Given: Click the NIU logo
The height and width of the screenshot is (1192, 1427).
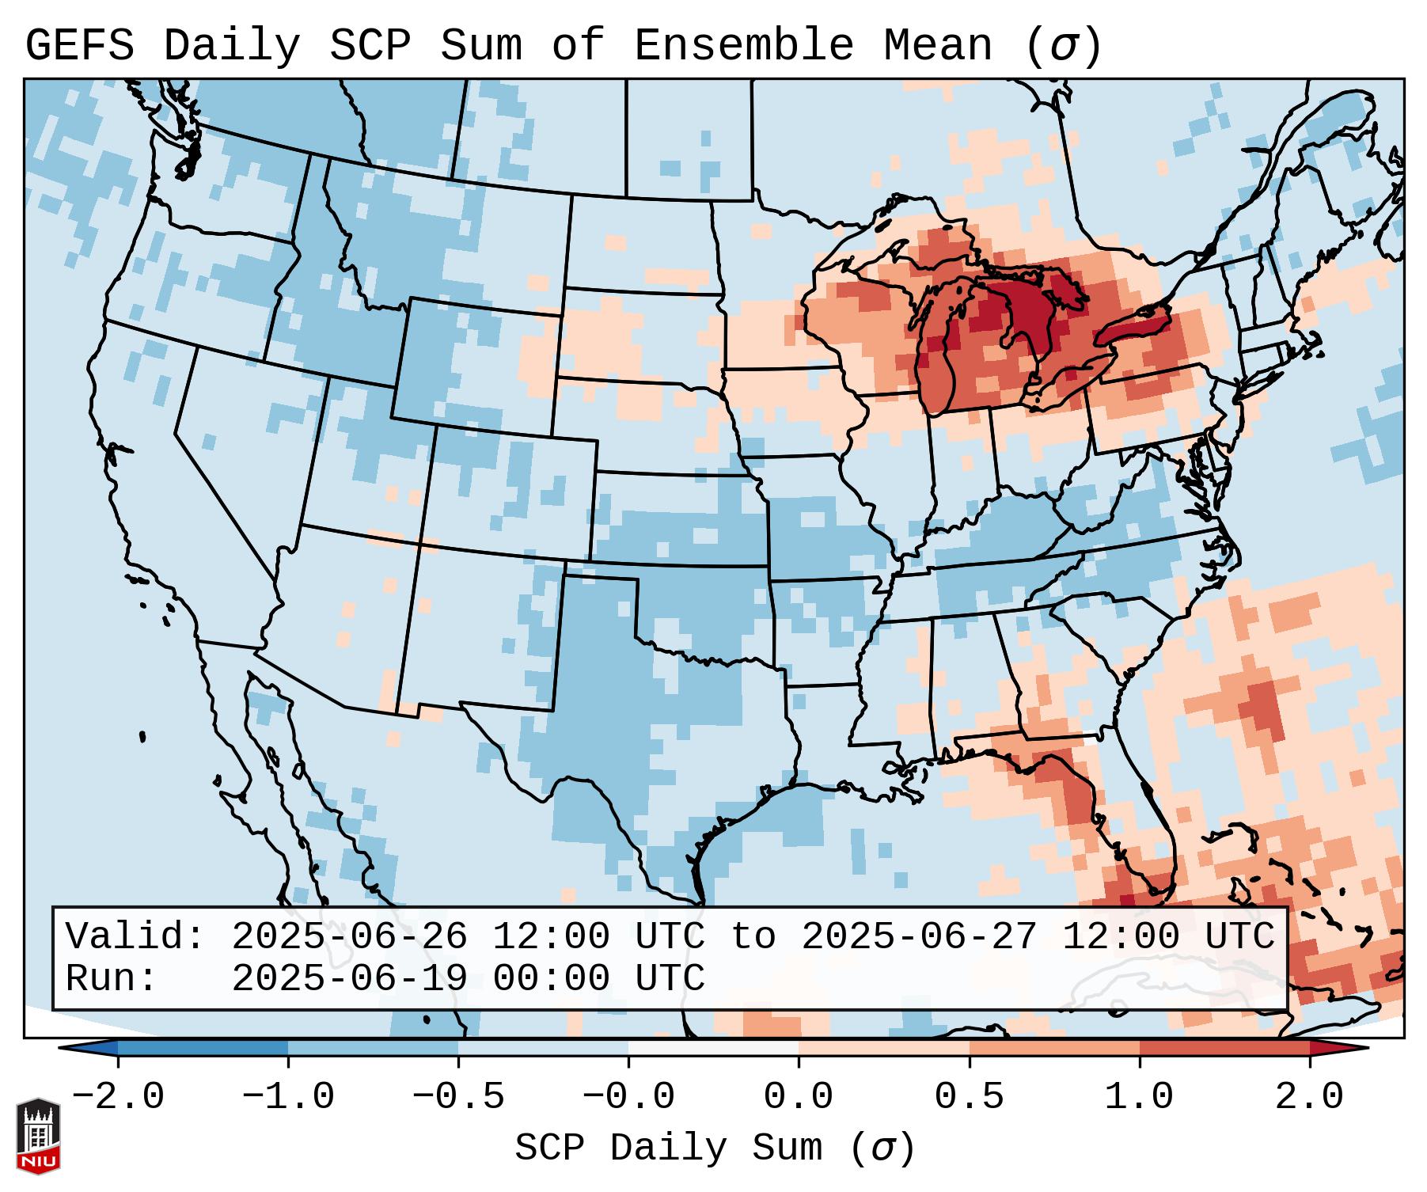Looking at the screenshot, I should click(38, 1135).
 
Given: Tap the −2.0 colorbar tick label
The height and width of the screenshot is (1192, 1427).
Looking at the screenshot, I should click(118, 1097).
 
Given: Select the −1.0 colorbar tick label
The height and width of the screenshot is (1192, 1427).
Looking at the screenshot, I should click(288, 1097).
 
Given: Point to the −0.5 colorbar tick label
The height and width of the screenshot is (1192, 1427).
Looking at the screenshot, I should click(458, 1097).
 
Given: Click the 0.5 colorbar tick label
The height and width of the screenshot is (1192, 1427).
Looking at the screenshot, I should click(970, 1097).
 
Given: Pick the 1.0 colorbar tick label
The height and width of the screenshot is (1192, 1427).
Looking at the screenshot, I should click(1140, 1097).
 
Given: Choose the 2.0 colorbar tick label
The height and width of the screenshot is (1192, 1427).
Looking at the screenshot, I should click(1310, 1097).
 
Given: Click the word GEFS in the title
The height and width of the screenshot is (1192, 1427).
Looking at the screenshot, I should click(80, 46).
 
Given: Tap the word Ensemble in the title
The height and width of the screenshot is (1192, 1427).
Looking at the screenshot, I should click(744, 46).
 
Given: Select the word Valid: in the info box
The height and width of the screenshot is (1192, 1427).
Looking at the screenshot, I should click(135, 937).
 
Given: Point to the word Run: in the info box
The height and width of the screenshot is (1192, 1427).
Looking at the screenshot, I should click(112, 978).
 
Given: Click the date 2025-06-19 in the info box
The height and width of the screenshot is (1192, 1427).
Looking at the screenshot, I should click(349, 978).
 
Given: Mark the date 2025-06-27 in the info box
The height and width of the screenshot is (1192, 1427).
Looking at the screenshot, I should click(919, 937).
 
